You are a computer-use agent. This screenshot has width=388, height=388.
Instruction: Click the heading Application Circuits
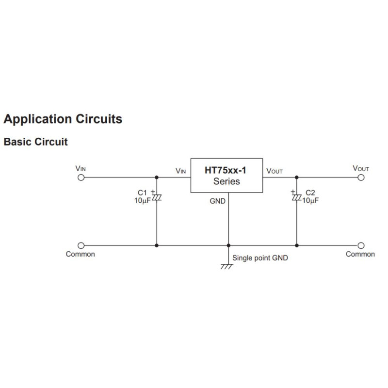coord(63,119)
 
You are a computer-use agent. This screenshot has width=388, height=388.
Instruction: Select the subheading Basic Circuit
coord(35,143)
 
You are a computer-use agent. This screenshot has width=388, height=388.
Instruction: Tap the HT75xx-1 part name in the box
coord(226,171)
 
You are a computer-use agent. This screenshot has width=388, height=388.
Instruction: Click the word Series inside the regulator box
coord(226,182)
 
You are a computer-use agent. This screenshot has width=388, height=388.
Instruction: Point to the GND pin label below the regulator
coord(217,201)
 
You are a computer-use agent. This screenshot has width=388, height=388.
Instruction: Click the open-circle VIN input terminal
coord(81,178)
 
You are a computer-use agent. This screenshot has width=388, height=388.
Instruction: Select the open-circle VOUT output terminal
coord(361,178)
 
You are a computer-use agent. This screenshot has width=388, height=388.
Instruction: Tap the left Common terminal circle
coord(81,245)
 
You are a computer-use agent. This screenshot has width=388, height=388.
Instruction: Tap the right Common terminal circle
coord(361,245)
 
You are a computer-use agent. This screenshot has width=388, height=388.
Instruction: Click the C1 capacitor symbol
coord(156,198)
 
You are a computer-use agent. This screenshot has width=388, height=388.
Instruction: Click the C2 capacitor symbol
coord(296,198)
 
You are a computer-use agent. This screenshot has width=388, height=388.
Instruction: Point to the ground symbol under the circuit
coord(226,266)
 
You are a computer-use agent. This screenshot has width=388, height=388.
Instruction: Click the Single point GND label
coord(260,258)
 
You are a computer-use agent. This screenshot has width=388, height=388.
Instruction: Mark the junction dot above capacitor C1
coord(156,178)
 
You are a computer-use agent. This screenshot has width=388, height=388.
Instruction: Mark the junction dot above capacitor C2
coord(296,178)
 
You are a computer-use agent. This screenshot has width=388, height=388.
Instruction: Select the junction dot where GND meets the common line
coord(228,245)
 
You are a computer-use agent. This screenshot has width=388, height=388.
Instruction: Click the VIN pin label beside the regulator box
coord(180,171)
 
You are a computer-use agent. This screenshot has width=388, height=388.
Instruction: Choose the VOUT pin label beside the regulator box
coord(275,171)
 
